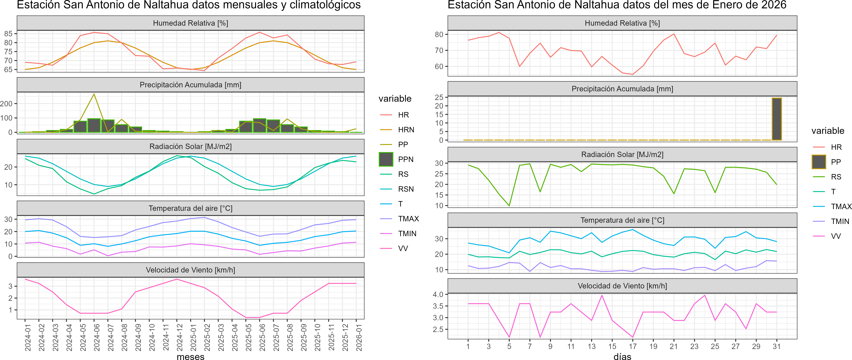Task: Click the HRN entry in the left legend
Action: [x=406, y=130]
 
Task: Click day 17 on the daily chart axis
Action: [x=633, y=346]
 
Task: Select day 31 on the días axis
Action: [x=777, y=346]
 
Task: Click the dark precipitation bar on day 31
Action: [x=777, y=119]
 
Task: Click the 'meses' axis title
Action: [x=190, y=356]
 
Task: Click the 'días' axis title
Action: [x=622, y=356]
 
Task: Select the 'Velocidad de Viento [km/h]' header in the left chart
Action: [x=190, y=270]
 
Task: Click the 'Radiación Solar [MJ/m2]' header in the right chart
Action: [x=622, y=154]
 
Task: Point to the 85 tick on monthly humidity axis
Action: [x=8, y=34]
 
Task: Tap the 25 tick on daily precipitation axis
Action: [x=439, y=98]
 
